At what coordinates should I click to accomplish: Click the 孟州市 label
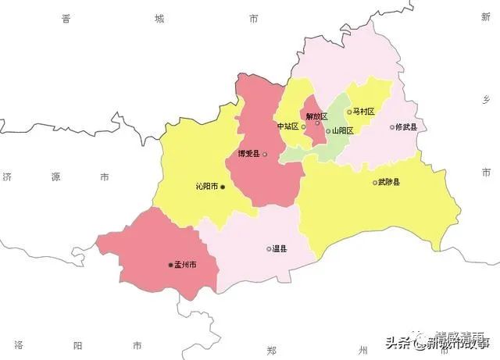[186, 266]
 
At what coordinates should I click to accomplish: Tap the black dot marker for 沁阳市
[223, 187]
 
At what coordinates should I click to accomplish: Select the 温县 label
[280, 249]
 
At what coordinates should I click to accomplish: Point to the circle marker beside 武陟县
[375, 183]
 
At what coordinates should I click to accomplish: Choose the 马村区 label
[364, 112]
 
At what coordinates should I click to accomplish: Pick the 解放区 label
[317, 116]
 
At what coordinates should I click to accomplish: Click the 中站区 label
[287, 127]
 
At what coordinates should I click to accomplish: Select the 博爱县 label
[248, 154]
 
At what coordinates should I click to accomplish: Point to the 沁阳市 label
[207, 187]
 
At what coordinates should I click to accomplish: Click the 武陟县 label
[389, 183]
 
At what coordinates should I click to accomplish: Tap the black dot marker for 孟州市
[171, 266]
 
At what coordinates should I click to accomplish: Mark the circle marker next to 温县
[269, 249]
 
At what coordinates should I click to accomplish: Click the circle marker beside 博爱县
[265, 154]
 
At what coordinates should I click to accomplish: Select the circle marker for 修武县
[392, 127]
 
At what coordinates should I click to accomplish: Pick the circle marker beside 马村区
[349, 112]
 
